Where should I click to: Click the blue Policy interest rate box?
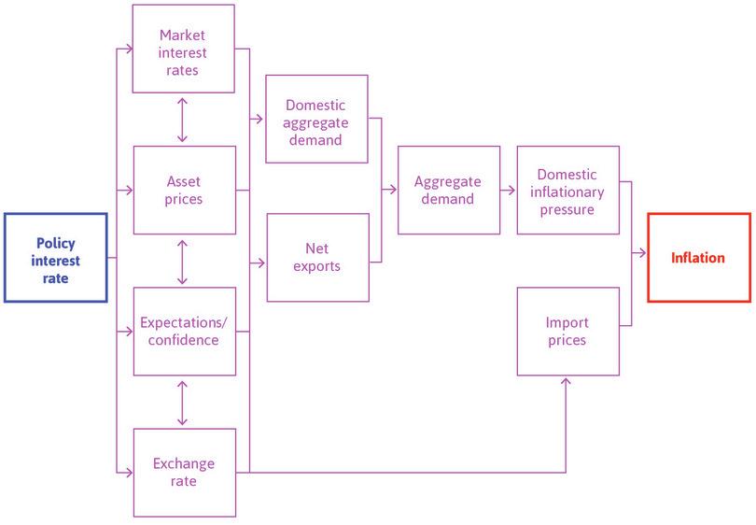(x=55, y=258)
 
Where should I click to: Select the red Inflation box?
(x=698, y=258)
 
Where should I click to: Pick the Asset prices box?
(x=183, y=190)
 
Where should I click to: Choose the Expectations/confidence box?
(x=183, y=332)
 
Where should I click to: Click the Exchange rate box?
(x=183, y=473)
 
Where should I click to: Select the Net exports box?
(x=316, y=258)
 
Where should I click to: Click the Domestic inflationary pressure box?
(x=567, y=190)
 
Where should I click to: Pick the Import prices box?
(x=567, y=332)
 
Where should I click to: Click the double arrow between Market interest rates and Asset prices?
(x=183, y=120)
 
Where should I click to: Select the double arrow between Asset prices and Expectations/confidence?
(x=183, y=261)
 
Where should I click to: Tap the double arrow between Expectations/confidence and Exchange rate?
(x=183, y=402)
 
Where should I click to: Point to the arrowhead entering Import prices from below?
(x=567, y=380)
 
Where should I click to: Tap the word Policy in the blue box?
(x=55, y=243)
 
